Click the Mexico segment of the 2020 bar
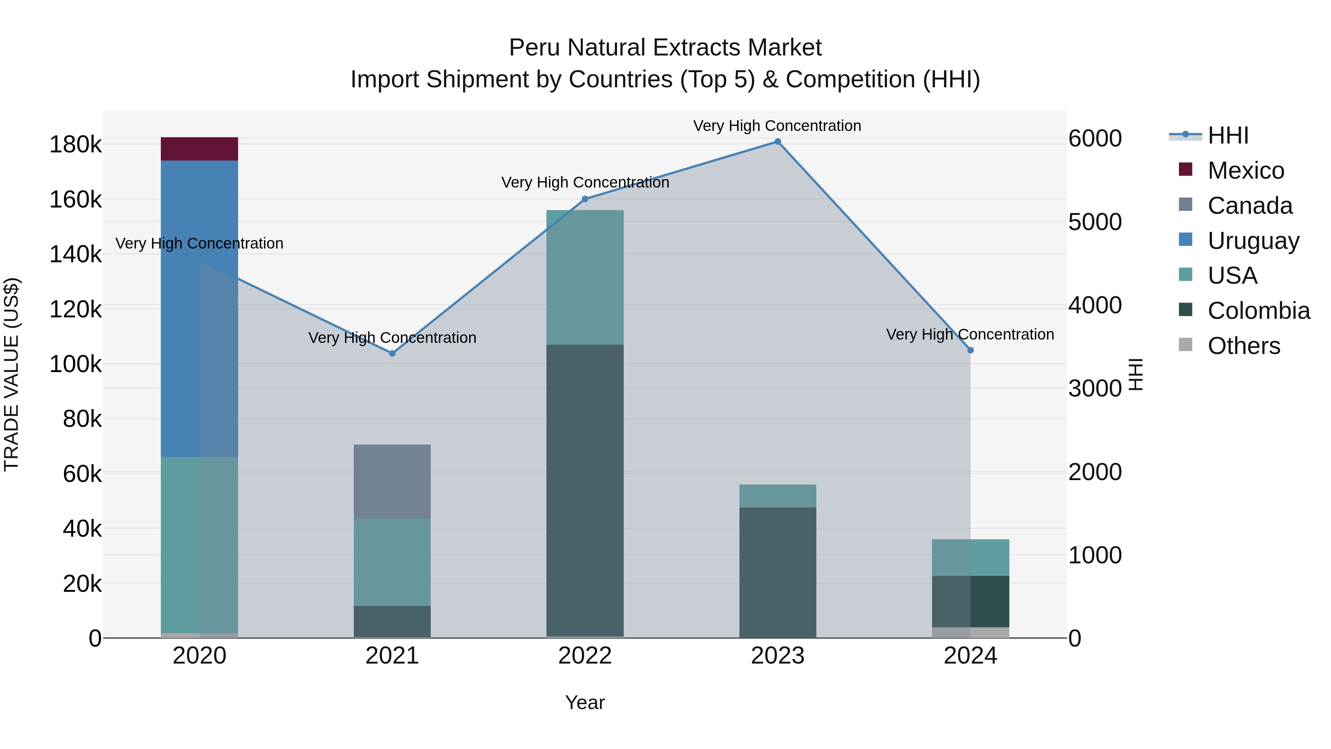[x=199, y=149]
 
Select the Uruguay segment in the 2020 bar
[x=199, y=308]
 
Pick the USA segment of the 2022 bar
[x=585, y=277]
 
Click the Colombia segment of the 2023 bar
[x=778, y=572]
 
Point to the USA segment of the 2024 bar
[x=971, y=557]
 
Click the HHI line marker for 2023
[x=778, y=142]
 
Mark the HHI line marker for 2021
[x=392, y=354]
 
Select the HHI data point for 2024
[x=971, y=351]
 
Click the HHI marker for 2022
[x=585, y=199]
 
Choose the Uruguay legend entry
[x=1253, y=241]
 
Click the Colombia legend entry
[x=1258, y=311]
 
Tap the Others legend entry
[x=1244, y=346]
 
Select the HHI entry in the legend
[x=1227, y=135]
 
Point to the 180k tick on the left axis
[x=75, y=145]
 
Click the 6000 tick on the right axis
[x=1095, y=139]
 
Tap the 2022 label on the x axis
[x=585, y=656]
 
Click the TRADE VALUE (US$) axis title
[x=12, y=374]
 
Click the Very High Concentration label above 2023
[x=777, y=126]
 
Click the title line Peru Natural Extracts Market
[x=665, y=48]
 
